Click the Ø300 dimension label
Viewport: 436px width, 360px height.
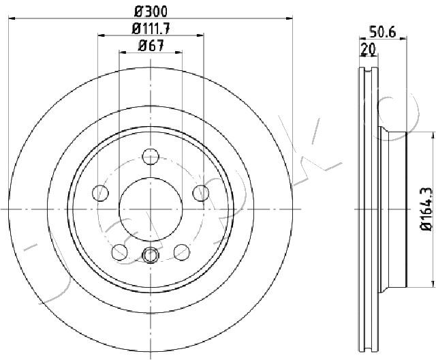[151, 12]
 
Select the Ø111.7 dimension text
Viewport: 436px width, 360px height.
[151, 29]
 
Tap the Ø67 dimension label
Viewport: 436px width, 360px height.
[151, 46]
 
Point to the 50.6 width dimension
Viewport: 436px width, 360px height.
[382, 32]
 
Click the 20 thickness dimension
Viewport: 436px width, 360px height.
[368, 49]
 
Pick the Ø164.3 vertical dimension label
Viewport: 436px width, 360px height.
[426, 209]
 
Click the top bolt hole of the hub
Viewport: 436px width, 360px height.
[151, 156]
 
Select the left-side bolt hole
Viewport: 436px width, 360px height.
[100, 193]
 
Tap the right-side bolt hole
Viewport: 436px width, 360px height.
[201, 193]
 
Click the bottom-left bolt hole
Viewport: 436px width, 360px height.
[120, 252]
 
